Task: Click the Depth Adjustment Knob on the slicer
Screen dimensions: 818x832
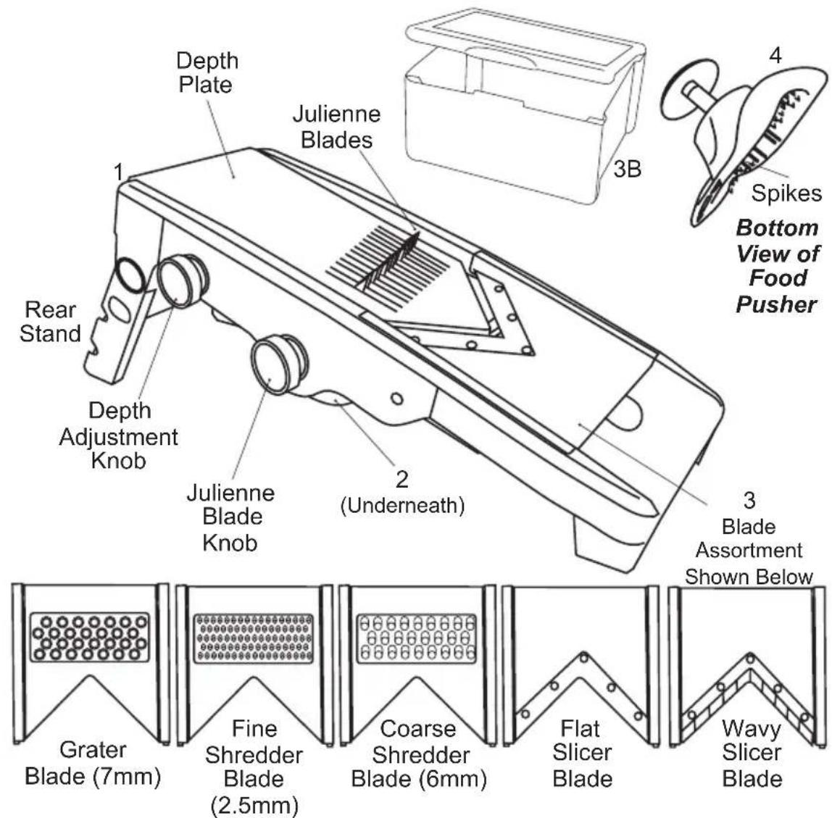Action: coord(179,283)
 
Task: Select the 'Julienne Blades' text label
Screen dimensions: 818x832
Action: coord(336,127)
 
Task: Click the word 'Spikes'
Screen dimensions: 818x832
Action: coord(795,193)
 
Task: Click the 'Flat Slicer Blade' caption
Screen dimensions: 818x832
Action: coord(582,754)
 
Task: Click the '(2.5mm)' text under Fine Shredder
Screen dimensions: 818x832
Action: coord(254,805)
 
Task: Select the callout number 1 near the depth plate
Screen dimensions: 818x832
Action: coord(118,172)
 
